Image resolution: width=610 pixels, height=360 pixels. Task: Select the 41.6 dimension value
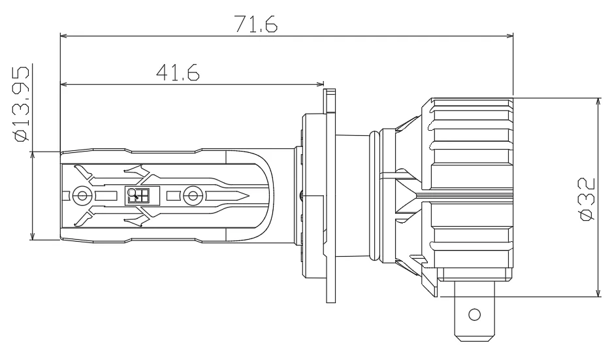[177, 72]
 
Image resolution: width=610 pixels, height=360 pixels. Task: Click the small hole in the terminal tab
[475, 314]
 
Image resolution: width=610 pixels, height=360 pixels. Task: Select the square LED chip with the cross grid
[138, 195]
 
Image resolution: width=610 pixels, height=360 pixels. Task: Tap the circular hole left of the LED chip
[82, 195]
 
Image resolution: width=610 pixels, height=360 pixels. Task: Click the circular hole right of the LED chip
[191, 195]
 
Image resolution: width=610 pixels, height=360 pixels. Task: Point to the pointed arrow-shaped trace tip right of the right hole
[243, 195]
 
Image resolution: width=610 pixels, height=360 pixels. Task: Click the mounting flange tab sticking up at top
[330, 101]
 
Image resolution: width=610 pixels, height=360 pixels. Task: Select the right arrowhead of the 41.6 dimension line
[320, 84]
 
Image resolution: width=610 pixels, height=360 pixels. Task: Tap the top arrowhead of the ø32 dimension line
[598, 103]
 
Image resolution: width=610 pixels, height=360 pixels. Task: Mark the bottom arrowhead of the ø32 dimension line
[598, 292]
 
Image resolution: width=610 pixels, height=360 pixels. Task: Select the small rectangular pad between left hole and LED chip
[104, 195]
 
